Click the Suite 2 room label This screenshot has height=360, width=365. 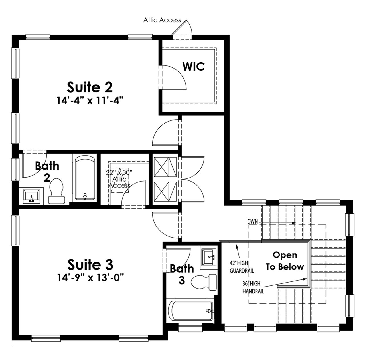coord(90,87)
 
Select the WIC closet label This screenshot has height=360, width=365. coord(194,66)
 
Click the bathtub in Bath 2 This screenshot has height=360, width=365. coord(85,178)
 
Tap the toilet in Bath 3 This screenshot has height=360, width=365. coord(204,282)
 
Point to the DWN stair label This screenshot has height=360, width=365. coord(252,221)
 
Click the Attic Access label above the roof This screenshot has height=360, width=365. coord(162,20)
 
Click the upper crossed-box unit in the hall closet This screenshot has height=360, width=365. coord(165,167)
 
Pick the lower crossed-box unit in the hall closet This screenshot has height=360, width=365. coord(165,192)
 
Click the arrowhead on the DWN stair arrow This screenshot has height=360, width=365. coord(294,223)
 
